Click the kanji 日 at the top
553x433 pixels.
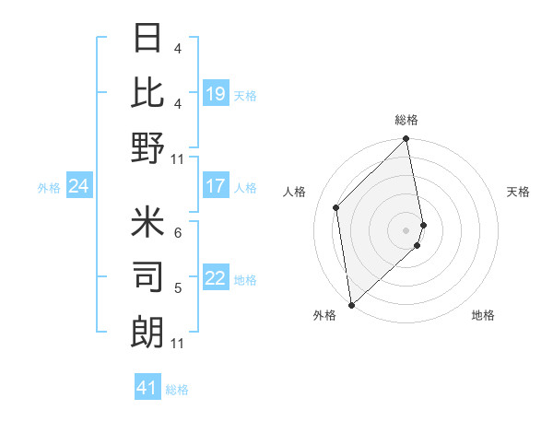(147, 38)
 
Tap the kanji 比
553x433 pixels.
(147, 92)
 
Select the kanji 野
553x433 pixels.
(147, 148)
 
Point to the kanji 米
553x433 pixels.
(147, 221)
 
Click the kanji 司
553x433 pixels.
(147, 276)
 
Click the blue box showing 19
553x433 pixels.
(216, 94)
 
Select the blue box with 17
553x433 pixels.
(216, 186)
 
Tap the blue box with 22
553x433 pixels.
(216, 278)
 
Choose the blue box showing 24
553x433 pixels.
(79, 186)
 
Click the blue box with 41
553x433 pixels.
(147, 388)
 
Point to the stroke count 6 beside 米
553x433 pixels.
(178, 232)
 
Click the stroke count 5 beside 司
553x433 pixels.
(178, 287)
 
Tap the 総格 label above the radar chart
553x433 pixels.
(406, 120)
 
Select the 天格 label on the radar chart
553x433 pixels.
(518, 192)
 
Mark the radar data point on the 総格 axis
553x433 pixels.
(406, 140)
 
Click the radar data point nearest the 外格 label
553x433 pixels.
(351, 304)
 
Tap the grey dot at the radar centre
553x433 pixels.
(406, 229)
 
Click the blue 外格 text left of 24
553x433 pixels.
(49, 187)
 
